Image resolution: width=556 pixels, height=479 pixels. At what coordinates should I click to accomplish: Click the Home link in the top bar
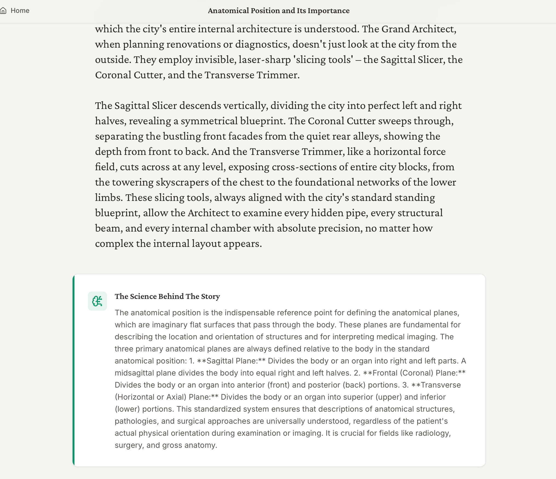20,11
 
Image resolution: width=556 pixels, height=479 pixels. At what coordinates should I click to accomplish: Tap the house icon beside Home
3,11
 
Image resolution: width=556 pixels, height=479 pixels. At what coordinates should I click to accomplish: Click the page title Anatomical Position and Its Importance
278,11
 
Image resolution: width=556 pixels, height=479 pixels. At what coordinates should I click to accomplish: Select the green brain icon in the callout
97,301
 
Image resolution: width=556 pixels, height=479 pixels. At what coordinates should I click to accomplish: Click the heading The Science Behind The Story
167,296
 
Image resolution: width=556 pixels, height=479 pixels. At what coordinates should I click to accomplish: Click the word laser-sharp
264,60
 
